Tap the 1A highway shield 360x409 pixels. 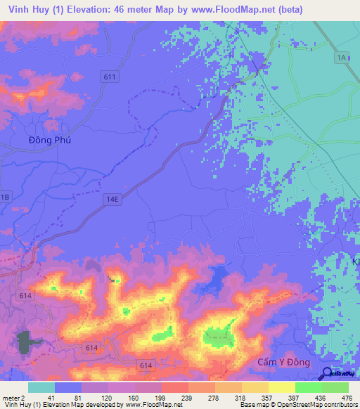(x=342, y=57)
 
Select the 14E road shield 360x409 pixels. (x=115, y=200)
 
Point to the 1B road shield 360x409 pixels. (x=5, y=197)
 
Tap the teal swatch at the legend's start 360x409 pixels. (x=41, y=387)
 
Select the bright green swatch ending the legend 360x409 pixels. (x=335, y=387)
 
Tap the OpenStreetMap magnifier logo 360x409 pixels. (x=327, y=374)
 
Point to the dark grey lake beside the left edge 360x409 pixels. (x=27, y=341)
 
